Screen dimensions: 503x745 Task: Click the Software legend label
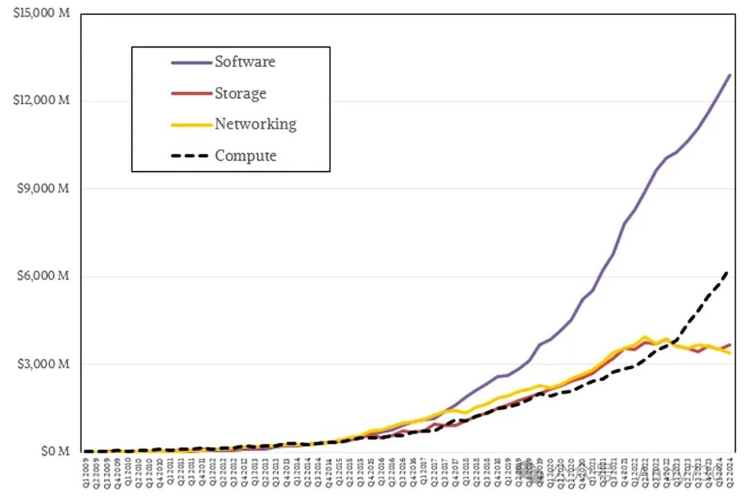pyautogui.click(x=244, y=61)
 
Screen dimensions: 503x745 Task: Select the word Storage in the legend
pyautogui.click(x=240, y=93)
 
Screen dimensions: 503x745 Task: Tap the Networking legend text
pyautogui.click(x=255, y=124)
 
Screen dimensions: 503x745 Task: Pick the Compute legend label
pyautogui.click(x=246, y=156)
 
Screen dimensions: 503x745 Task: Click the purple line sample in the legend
pyautogui.click(x=191, y=62)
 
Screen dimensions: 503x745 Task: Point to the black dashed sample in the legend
pyautogui.click(x=191, y=156)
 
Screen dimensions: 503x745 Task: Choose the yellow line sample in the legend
pyautogui.click(x=191, y=125)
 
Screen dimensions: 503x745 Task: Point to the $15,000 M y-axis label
pyautogui.click(x=41, y=14)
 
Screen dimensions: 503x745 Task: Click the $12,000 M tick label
pyautogui.click(x=41, y=101)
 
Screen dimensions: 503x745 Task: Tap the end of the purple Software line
pyautogui.click(x=731, y=75)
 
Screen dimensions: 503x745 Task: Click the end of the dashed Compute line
pyautogui.click(x=729, y=271)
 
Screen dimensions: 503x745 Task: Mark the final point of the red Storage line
pyautogui.click(x=731, y=344)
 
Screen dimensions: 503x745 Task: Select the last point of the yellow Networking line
pyautogui.click(x=731, y=353)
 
